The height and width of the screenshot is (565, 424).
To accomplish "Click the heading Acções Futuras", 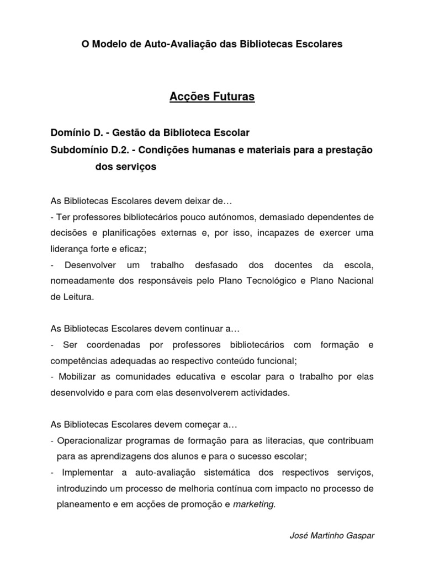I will pos(212,97).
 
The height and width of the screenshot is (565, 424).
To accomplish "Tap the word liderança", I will pos(70,249).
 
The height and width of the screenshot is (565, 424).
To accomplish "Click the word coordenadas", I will pos(115,345).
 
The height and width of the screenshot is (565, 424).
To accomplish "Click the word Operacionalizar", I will pos(89,441).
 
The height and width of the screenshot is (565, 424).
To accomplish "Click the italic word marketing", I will pos(253,504).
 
